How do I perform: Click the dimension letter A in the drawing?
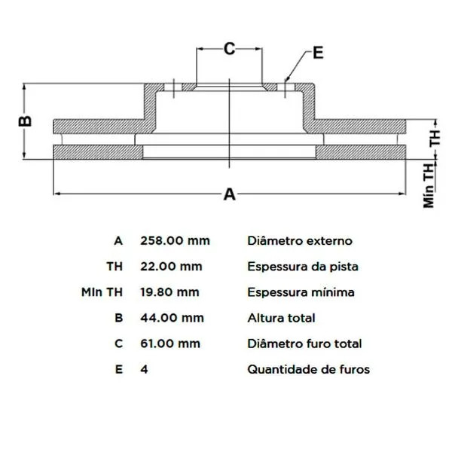[x=230, y=194]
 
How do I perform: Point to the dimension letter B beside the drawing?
[x=25, y=121]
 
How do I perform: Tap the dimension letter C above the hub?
[x=230, y=49]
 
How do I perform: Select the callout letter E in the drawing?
[x=318, y=53]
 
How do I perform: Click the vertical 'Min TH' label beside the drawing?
[x=429, y=185]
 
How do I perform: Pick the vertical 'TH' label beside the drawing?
[x=435, y=138]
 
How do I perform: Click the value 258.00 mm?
[x=175, y=241]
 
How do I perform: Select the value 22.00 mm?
[x=171, y=267]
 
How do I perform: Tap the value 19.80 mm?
[x=169, y=292]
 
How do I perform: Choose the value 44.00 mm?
[x=172, y=318]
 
